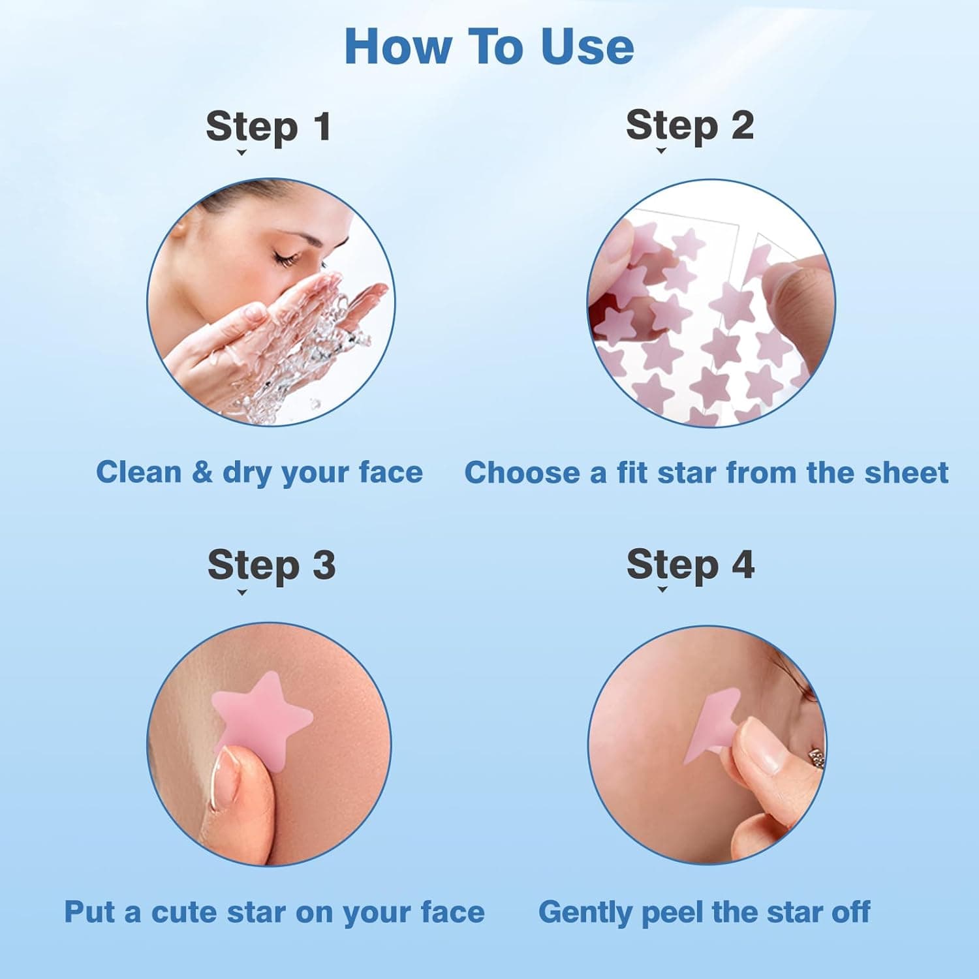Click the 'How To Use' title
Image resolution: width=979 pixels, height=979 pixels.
(x=489, y=47)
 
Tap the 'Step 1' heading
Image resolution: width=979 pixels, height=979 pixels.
(x=268, y=126)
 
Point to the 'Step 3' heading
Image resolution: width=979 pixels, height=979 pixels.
(x=271, y=565)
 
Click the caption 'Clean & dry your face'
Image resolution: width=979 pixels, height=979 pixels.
(x=259, y=472)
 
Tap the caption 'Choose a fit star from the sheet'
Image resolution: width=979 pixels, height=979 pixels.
(x=706, y=472)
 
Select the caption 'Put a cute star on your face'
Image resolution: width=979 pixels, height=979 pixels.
(x=274, y=912)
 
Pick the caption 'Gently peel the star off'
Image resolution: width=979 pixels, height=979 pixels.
(x=704, y=912)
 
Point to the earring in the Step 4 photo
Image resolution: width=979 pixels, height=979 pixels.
(x=816, y=758)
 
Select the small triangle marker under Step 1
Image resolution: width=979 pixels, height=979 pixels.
(x=241, y=153)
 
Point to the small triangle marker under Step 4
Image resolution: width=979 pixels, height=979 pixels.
(x=662, y=589)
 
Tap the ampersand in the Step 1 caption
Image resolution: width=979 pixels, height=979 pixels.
(x=202, y=472)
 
